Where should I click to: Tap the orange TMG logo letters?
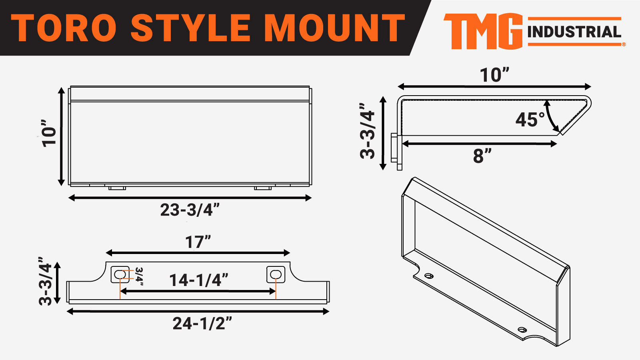483,31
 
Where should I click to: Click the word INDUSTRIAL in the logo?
574,32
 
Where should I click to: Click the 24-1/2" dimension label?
202,324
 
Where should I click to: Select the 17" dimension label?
198,242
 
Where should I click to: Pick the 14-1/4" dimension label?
199,280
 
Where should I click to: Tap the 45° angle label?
530,120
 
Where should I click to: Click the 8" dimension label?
482,156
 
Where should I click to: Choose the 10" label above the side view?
494,75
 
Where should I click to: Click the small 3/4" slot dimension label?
139,276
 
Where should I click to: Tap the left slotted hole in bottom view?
120,274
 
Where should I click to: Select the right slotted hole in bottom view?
276,274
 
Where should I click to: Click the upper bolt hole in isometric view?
429,276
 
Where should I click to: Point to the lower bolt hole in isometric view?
522,330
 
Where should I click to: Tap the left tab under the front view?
117,188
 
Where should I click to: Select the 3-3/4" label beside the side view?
368,131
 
